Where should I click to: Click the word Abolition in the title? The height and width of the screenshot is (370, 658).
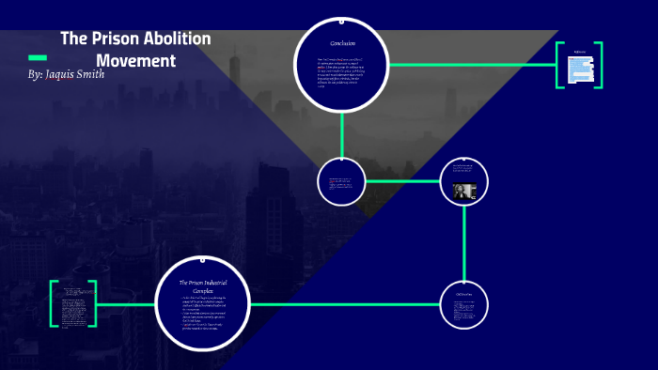(177, 39)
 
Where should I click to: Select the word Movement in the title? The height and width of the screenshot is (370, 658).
(136, 61)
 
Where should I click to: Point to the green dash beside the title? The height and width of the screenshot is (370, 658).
(38, 57)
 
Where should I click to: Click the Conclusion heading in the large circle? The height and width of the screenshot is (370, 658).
(341, 44)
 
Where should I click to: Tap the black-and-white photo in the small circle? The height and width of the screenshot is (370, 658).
(464, 192)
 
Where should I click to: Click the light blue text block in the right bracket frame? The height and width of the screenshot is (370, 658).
(579, 68)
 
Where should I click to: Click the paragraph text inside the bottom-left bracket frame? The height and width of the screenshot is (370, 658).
(73, 305)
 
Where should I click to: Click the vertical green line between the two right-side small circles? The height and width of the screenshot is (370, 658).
(464, 242)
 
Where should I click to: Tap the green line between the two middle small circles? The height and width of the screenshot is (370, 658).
(402, 181)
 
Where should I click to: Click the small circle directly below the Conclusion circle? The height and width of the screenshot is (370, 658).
(341, 181)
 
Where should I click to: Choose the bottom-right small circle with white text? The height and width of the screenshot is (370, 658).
(464, 304)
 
